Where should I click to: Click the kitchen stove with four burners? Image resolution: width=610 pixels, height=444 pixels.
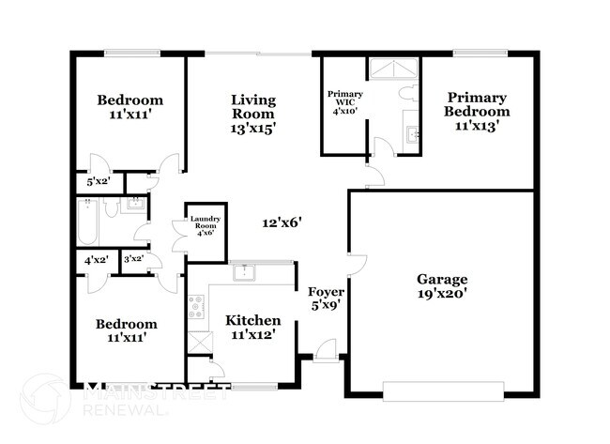(197, 305)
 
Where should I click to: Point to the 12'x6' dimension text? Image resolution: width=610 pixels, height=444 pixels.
(281, 223)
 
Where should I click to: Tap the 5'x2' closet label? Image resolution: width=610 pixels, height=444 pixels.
(97, 182)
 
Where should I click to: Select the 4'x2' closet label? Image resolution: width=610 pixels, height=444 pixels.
(95, 260)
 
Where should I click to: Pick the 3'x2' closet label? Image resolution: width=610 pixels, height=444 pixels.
(133, 260)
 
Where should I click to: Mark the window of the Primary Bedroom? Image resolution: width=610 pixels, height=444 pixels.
(480, 54)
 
